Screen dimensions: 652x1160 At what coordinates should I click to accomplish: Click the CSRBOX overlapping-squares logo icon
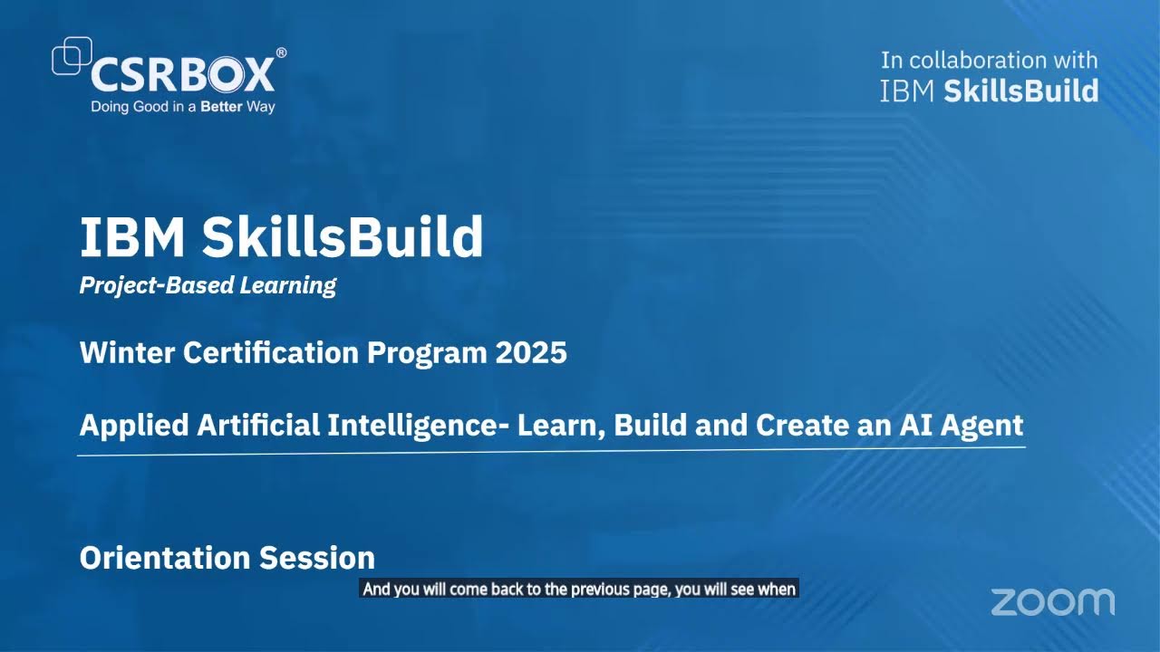(x=72, y=55)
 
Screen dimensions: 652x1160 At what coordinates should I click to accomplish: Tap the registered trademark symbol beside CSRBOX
(x=281, y=53)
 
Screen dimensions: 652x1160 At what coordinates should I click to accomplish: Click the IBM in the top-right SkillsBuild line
(x=908, y=91)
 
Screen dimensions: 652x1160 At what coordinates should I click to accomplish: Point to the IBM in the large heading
(x=133, y=237)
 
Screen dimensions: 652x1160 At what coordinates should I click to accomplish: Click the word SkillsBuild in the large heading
(x=343, y=237)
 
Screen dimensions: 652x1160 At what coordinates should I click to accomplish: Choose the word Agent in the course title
(x=984, y=425)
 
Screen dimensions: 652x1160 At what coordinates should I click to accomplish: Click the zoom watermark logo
(x=1052, y=602)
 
